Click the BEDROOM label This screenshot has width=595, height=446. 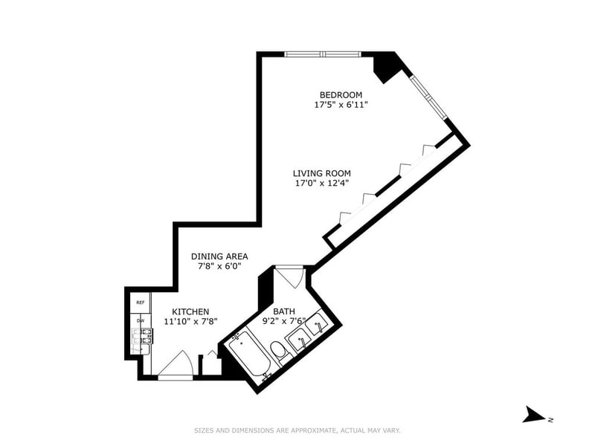341,94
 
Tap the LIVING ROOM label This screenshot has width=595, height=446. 321,173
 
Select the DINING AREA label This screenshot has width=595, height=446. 219,256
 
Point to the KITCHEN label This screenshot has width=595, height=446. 190,311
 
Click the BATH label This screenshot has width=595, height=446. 284,311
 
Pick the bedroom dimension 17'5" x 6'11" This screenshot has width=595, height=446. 341,105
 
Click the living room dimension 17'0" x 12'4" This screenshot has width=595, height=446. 321,184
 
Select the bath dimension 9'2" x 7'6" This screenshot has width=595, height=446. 284,322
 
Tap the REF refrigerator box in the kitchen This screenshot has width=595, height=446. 140,303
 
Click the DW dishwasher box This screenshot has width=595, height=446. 140,321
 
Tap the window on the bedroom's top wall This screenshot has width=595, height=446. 323,54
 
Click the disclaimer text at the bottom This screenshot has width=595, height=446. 297,430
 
